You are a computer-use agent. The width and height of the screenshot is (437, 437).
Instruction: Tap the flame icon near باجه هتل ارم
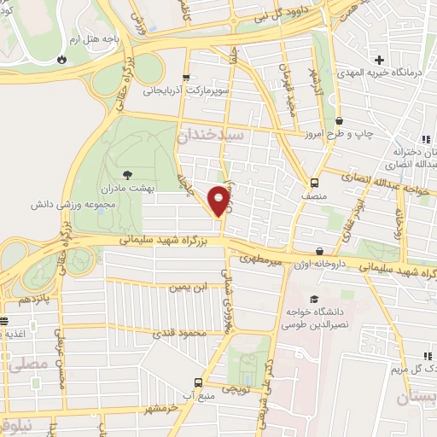coord(61,59)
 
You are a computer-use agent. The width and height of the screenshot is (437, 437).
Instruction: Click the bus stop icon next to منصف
coord(315,183)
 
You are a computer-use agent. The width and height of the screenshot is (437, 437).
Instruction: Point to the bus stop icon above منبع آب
coord(198,382)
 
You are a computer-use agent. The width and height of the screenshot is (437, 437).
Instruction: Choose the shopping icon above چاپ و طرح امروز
coord(341,120)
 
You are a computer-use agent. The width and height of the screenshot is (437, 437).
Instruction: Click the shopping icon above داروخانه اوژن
coord(318,251)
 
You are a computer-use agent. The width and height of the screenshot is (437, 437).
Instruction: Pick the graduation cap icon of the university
coord(314,300)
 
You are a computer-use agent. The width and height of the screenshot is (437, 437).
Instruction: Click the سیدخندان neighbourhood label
coord(210,135)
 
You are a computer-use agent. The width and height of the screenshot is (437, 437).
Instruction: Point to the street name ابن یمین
coord(190,288)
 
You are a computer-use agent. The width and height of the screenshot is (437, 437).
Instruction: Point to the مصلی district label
coord(18,365)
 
